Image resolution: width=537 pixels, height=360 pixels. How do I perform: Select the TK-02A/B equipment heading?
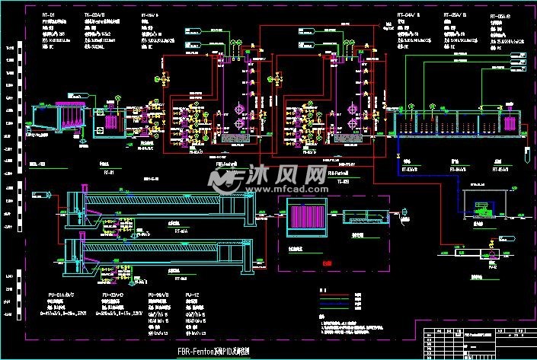95,14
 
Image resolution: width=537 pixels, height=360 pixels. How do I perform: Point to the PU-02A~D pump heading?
112,293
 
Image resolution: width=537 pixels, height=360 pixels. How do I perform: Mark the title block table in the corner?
475,335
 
